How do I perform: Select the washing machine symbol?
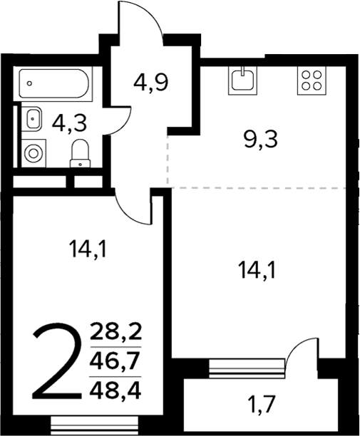[x=32, y=152]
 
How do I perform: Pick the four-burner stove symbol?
[x=311, y=80]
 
